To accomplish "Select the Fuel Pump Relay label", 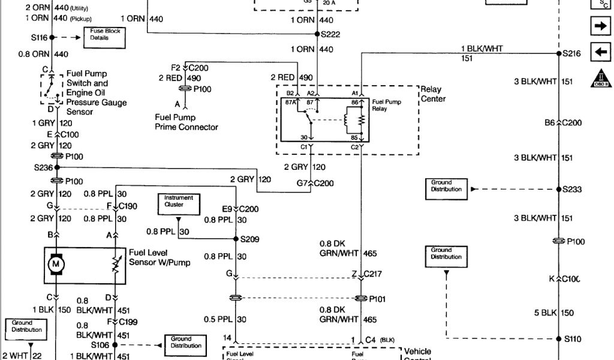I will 387,106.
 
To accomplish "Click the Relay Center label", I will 433,94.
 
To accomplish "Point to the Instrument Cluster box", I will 179,201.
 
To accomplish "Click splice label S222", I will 330,35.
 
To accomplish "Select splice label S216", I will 571,53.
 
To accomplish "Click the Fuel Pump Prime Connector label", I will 186,122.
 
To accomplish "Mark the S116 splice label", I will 39,37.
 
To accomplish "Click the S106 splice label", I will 101,345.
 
